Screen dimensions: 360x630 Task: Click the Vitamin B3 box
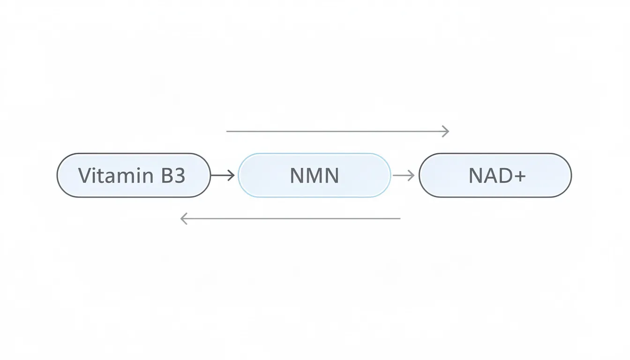(134, 175)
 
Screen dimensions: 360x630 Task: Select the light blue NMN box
(314, 175)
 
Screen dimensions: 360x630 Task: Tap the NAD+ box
(495, 175)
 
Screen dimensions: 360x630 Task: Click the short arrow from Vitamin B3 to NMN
(222, 175)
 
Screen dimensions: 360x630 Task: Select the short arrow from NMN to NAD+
(404, 175)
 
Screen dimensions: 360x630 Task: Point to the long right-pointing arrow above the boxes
(337, 131)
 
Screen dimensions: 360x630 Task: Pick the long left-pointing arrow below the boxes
(291, 218)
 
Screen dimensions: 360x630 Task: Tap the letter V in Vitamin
(84, 176)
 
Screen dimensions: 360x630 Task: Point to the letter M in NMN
(314, 176)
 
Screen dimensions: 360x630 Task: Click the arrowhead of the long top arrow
(446, 131)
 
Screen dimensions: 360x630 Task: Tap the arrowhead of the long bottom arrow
(184, 218)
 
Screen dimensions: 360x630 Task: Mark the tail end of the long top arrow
(228, 131)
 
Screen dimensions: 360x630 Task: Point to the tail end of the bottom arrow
(399, 218)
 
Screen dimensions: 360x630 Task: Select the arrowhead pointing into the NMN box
(231, 175)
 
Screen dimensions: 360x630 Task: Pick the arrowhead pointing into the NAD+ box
(412, 175)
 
